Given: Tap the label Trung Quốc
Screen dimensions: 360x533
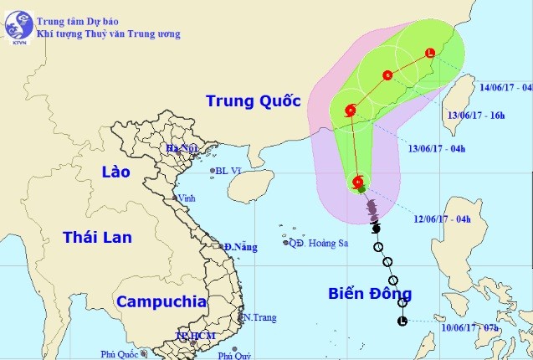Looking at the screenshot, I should pyautogui.click(x=253, y=102).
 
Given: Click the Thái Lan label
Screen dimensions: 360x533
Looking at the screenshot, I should pyautogui.click(x=97, y=238).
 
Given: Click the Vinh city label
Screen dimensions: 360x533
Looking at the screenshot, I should pyautogui.click(x=187, y=198).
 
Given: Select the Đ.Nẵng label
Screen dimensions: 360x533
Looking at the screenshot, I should pyautogui.click(x=240, y=247).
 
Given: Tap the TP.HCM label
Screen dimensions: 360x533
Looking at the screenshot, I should pyautogui.click(x=195, y=336).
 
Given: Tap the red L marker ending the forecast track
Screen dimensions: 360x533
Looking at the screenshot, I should pyautogui.click(x=430, y=54).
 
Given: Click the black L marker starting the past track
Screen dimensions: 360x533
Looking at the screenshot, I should pyautogui.click(x=402, y=321).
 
